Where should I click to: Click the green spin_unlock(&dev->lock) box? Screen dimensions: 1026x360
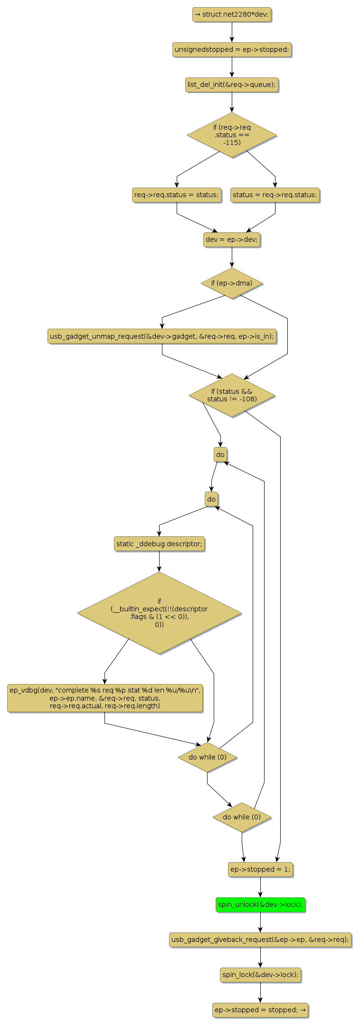coord(260,904)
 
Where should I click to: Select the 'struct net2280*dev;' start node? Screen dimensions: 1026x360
coord(232,14)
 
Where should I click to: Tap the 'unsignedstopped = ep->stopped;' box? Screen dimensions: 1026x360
coord(232,49)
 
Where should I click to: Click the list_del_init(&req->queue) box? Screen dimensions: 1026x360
coord(232,85)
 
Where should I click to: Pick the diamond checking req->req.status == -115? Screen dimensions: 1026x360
coord(232,135)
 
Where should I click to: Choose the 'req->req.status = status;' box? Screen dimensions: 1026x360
coord(177,195)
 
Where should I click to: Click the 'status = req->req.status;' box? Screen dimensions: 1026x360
coord(275,195)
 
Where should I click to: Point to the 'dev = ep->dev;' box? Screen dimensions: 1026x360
coord(232,239)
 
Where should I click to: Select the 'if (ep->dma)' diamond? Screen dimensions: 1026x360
coord(232,283)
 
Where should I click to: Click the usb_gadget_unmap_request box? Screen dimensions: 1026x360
coord(162,336)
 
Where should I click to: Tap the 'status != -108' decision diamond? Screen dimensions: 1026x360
coord(232,395)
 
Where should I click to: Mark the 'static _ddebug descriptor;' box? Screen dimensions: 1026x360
coord(159,543)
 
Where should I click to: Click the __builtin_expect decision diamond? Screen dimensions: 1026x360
coord(159,613)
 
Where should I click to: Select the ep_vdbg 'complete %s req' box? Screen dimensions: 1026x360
coord(105,698)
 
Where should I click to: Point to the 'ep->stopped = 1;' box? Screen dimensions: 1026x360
coord(260,869)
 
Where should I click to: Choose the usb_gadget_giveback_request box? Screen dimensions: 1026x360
coord(260,939)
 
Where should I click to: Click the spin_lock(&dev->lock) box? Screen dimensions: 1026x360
coord(260,974)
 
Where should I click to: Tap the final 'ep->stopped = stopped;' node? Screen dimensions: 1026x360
coord(260,1009)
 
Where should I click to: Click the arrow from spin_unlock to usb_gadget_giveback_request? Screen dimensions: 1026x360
coord(260,922)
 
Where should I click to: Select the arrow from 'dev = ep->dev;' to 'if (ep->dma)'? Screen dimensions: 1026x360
coord(232,257)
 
